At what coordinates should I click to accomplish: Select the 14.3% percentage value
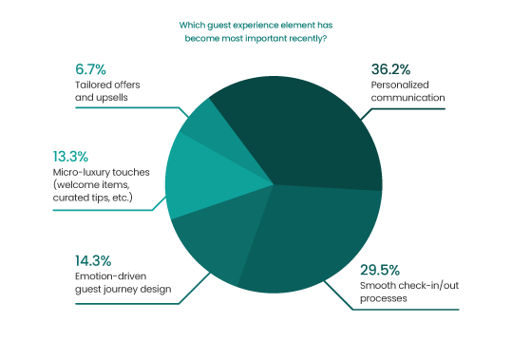click(93, 260)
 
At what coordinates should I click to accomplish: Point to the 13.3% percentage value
click(92, 155)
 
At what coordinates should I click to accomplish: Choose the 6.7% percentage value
click(89, 69)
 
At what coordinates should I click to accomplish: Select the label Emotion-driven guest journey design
click(123, 283)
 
